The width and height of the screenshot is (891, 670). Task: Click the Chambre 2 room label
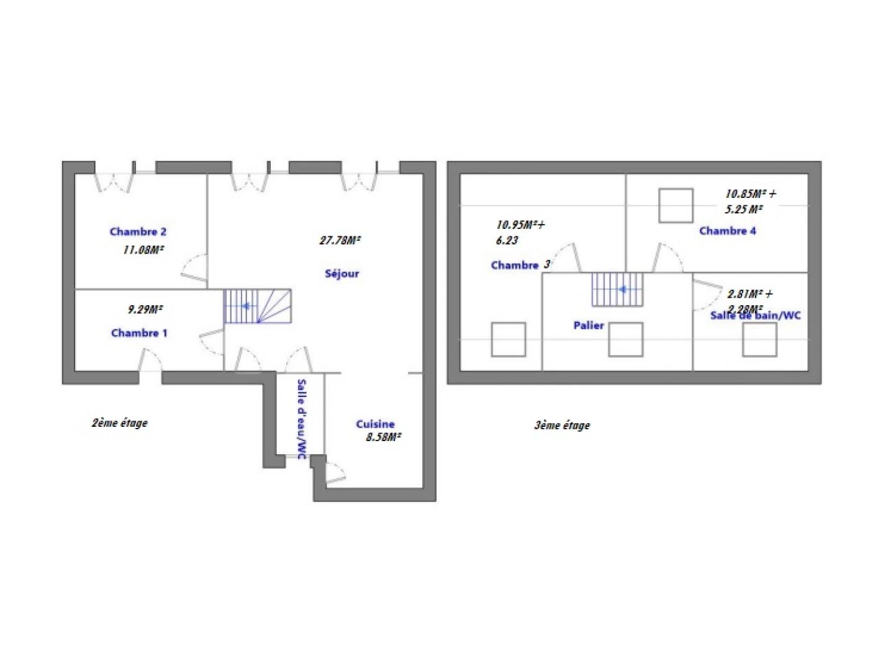138,231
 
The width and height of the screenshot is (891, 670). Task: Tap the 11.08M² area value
143,250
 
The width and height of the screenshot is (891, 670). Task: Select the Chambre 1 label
139,333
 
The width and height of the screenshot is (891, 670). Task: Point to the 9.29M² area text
145,309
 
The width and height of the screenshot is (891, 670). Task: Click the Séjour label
341,274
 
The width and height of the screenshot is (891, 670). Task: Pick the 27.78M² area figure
340,240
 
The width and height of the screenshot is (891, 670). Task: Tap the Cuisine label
375,424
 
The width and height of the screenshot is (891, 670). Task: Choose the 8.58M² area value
383,437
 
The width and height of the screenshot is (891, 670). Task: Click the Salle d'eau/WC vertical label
302,419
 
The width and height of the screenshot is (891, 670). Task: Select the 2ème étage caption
120,423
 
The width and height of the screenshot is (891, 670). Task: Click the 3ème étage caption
562,426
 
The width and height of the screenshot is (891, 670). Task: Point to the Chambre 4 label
727,231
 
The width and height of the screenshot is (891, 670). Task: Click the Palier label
589,325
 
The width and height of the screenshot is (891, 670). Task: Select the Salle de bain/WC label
755,315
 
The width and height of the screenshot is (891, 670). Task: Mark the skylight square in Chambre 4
676,205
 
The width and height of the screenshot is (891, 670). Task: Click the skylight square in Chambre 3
509,339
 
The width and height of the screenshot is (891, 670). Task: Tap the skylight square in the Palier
625,339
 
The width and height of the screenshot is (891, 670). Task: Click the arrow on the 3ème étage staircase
622,289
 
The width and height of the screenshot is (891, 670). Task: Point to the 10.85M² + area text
751,194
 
